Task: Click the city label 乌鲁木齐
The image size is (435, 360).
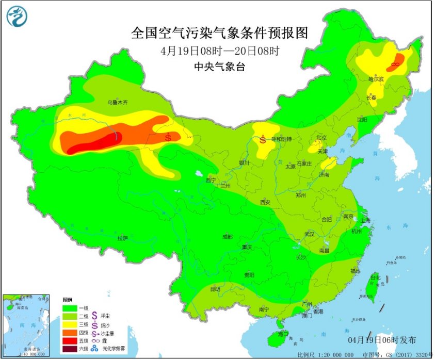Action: coord(117,102)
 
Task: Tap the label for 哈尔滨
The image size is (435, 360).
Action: coord(376,79)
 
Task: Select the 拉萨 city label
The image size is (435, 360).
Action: coord(122,238)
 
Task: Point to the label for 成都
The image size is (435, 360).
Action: coord(227,236)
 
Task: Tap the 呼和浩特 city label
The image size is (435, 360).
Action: coord(282,139)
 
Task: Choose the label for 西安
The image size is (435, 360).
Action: coord(265,203)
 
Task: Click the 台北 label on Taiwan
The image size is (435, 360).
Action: coord(375,278)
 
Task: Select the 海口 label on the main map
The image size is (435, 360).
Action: coord(282,334)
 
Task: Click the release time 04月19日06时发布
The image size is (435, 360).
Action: coord(381,339)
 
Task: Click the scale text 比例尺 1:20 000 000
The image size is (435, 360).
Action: coord(326,355)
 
